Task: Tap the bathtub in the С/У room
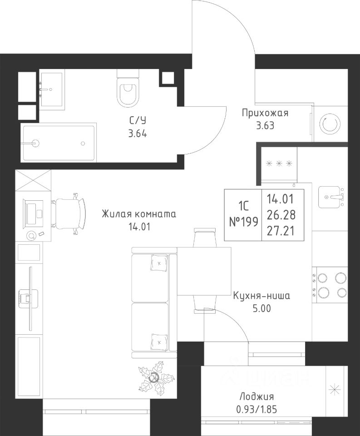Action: pos(59,143)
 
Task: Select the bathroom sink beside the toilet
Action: pos(52,89)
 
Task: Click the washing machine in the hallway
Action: pos(330,124)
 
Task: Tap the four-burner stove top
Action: pos(330,285)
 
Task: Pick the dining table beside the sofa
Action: pos(205,271)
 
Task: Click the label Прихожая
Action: pos(265,114)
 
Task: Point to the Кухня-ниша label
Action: pos(261,296)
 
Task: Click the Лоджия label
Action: pos(256,396)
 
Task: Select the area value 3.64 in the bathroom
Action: pos(138,134)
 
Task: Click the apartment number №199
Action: pos(243,222)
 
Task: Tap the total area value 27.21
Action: pos(281,231)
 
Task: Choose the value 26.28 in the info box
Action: pos(281,215)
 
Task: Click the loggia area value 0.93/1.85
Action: pos(256,409)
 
